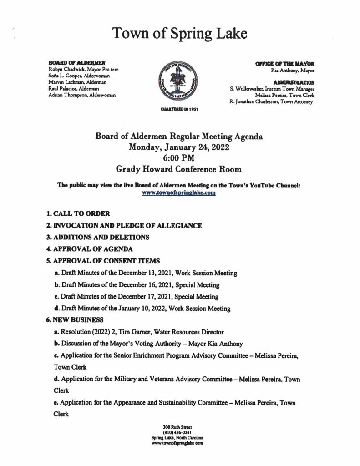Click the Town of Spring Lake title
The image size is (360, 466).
(x=180, y=34)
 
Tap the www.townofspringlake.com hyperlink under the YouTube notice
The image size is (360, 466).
(x=180, y=192)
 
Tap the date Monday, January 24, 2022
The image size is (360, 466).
(x=179, y=147)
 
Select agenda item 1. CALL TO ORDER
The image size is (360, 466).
(x=78, y=213)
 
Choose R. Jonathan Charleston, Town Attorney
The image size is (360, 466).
(x=272, y=103)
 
